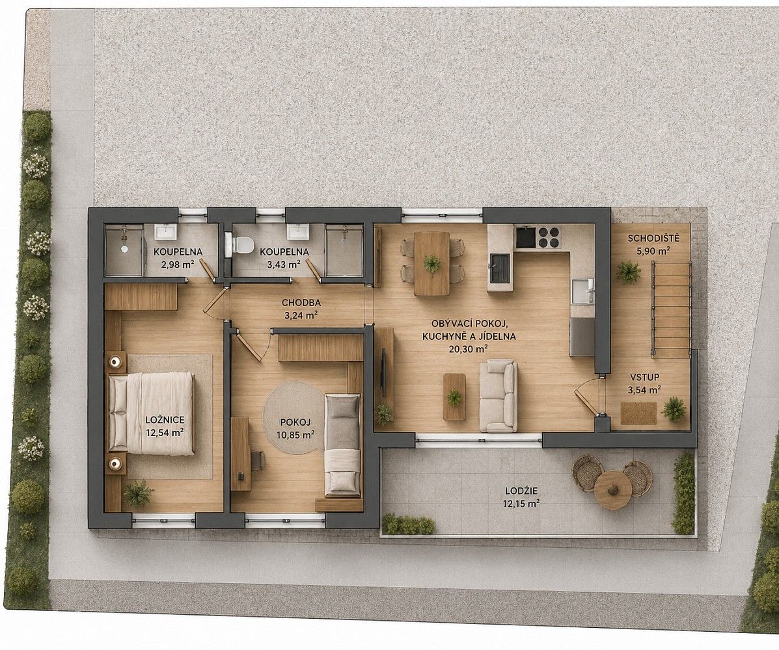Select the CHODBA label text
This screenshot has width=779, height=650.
(301, 302)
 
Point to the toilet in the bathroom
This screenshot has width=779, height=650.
(240, 244)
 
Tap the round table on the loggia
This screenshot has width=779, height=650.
(612, 487)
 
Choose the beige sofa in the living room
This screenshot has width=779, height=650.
(499, 395)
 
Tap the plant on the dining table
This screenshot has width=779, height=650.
(431, 263)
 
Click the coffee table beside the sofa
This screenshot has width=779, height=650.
(454, 397)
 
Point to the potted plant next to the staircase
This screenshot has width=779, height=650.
(629, 272)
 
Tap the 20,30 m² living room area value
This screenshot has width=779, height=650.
(468, 348)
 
